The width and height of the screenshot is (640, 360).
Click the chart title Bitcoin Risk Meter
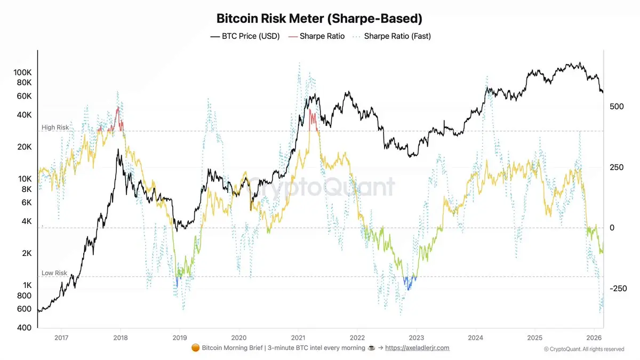pyautogui.click(x=319, y=19)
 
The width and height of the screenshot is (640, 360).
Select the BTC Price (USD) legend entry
pyautogui.click(x=245, y=36)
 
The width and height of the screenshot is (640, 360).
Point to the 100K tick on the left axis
pyautogui.click(x=22, y=72)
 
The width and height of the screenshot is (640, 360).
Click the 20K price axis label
pyautogui.click(x=25, y=147)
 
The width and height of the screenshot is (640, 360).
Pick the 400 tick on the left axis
pyautogui.click(x=25, y=327)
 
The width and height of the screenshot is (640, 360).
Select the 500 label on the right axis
pyautogui.click(x=617, y=107)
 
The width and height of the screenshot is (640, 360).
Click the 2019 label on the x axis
pyautogui.click(x=180, y=337)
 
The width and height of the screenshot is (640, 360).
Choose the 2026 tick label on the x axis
pyautogui.click(x=594, y=337)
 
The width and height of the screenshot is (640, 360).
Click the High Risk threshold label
pyautogui.click(x=54, y=128)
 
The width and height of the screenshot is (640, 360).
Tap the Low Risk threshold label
pyautogui.click(x=54, y=273)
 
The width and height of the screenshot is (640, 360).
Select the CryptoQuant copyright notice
pyautogui.click(x=584, y=349)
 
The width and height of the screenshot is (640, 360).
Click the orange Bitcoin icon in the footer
pyautogui.click(x=195, y=348)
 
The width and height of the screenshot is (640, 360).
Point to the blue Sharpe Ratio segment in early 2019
pyautogui.click(x=177, y=281)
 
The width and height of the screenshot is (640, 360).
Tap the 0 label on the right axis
pyautogui.click(x=612, y=228)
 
